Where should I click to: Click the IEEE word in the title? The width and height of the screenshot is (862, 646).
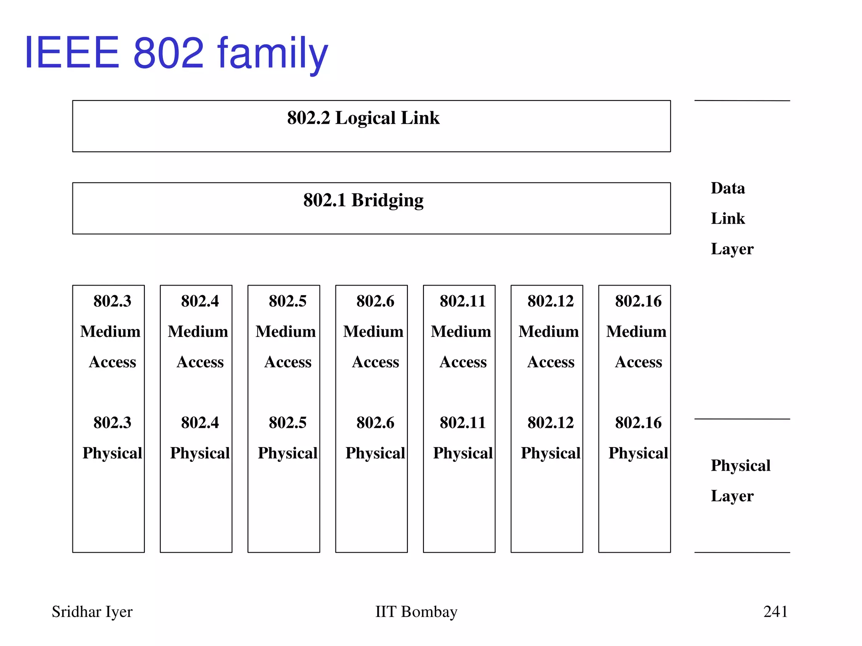(x=72, y=53)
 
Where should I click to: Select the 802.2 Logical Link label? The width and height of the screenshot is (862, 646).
(x=363, y=118)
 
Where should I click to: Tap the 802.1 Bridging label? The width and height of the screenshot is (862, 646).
(x=363, y=200)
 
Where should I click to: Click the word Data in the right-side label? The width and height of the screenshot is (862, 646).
(x=728, y=188)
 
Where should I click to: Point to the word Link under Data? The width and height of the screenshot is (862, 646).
(x=728, y=218)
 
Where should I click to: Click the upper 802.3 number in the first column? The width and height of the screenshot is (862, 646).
(x=112, y=301)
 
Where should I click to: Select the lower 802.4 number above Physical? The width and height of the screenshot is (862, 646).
(x=200, y=422)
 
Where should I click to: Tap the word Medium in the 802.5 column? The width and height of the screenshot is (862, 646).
(x=285, y=331)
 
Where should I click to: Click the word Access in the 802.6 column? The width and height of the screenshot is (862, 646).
(x=375, y=362)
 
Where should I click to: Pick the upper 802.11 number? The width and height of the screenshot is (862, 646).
(x=463, y=301)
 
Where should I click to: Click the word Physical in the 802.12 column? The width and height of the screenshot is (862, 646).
(x=551, y=453)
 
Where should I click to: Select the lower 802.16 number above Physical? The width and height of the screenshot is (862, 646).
(x=638, y=422)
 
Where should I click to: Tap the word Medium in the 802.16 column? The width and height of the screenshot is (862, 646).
(x=636, y=331)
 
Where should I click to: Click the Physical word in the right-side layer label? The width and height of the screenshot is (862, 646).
(x=740, y=466)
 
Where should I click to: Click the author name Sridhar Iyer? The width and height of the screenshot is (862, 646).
(x=92, y=612)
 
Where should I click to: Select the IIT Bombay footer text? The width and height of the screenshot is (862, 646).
(x=416, y=612)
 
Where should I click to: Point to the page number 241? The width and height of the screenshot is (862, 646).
(x=775, y=612)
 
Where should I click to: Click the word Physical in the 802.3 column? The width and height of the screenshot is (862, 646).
(x=112, y=453)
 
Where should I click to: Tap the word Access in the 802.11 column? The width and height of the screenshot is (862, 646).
(x=463, y=362)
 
